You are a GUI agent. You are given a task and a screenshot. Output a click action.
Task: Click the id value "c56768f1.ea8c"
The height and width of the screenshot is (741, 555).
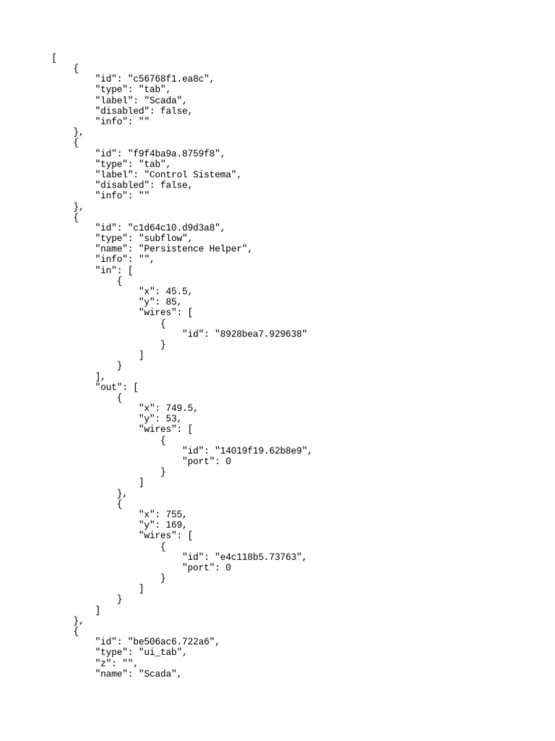point(171,79)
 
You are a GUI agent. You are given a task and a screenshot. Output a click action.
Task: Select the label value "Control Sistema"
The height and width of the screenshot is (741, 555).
point(192,174)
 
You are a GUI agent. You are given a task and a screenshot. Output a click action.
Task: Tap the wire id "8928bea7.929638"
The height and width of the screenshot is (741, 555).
point(261,334)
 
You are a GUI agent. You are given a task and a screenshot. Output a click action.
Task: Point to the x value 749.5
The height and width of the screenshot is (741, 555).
point(181,408)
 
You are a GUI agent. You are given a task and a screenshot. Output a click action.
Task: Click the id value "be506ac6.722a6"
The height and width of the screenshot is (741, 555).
point(173,642)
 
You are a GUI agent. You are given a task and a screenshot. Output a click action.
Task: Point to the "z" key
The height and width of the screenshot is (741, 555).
point(103,663)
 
